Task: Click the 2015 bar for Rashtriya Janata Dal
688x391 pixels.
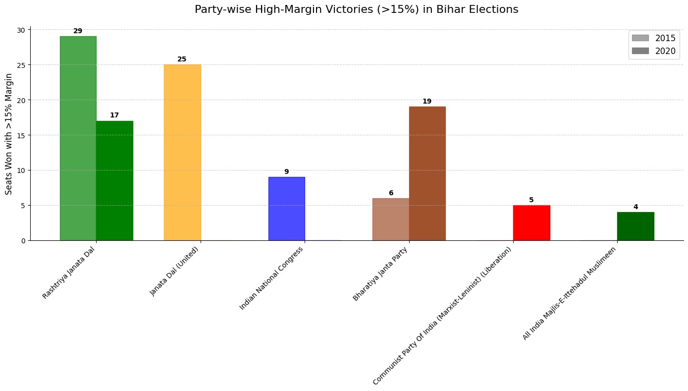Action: [78, 138]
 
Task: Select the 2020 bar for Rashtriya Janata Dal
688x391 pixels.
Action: [114, 180]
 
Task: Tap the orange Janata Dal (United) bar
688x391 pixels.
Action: [182, 152]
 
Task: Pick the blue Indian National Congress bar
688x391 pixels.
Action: [286, 209]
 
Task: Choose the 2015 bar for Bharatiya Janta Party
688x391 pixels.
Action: [391, 219]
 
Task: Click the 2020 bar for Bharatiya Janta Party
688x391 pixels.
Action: [427, 173]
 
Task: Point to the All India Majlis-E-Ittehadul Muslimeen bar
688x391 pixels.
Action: [635, 226]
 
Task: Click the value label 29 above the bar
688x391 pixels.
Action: [78, 31]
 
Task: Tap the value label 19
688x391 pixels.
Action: [427, 102]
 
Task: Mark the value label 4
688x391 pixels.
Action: [635, 207]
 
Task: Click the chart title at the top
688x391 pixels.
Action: [357, 9]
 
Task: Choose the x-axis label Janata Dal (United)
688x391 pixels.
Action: [174, 271]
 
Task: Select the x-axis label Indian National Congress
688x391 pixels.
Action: [271, 278]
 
